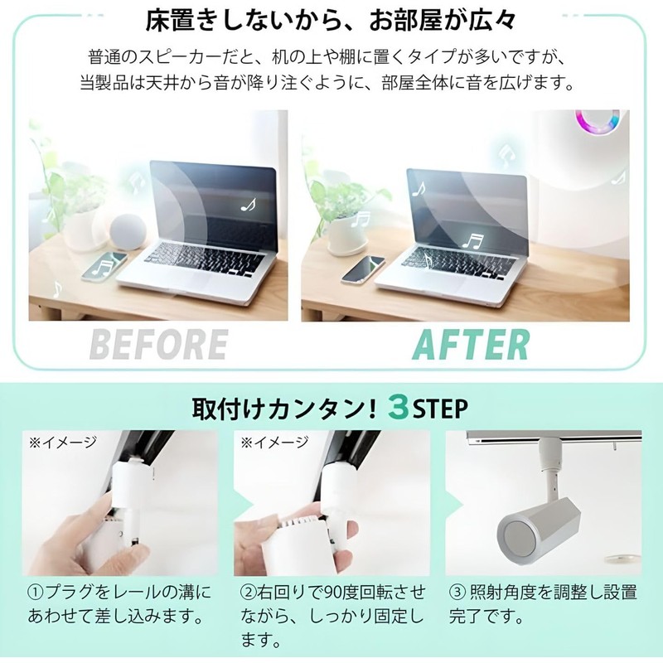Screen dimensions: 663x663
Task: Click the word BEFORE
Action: tap(158, 344)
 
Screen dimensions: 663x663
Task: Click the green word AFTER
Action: tap(471, 344)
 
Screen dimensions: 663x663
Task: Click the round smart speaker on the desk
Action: tap(128, 232)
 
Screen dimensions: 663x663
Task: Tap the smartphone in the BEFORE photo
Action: tap(104, 266)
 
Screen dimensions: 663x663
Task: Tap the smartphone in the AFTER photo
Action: tap(363, 269)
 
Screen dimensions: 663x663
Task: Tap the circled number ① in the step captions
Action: tap(36, 593)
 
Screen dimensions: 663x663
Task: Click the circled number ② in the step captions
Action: tap(248, 593)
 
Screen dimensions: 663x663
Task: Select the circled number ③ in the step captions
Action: tap(457, 593)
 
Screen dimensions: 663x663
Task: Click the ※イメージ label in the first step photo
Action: tap(63, 443)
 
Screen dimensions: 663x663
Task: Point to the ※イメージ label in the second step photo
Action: tap(274, 443)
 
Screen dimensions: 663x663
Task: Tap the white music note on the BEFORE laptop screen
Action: tap(248, 205)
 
